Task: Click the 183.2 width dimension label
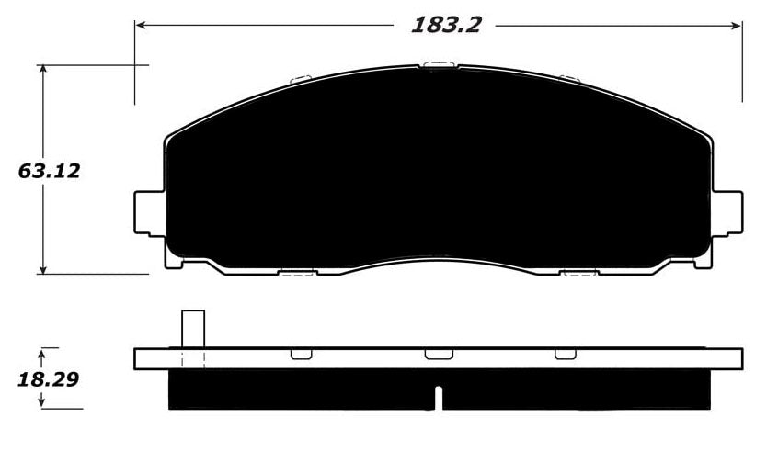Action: point(445,26)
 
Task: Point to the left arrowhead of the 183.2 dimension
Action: point(141,25)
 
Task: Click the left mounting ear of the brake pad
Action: point(148,212)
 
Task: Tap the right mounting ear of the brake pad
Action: point(727,212)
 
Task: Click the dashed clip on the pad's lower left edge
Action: point(297,273)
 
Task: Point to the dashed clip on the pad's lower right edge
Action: point(579,273)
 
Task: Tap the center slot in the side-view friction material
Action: point(439,397)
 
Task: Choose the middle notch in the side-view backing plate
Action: point(438,354)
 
